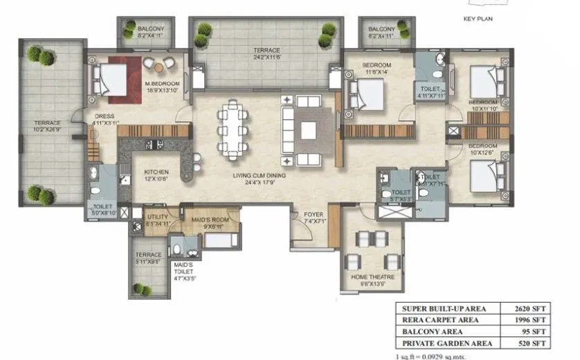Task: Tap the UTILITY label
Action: pos(158,216)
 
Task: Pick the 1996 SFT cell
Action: pos(534,320)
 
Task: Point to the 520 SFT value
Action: pos(536,343)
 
